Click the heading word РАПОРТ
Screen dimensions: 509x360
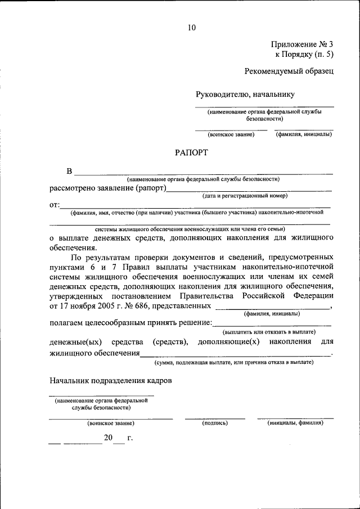click(x=191, y=152)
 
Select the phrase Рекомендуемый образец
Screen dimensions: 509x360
click(x=289, y=71)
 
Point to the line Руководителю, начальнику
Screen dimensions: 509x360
click(x=245, y=94)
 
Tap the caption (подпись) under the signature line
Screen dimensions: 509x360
click(x=214, y=422)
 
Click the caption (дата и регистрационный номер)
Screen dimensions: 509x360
click(x=245, y=196)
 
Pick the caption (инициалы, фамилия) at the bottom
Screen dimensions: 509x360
click(x=295, y=422)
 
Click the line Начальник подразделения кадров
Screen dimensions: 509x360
click(x=111, y=381)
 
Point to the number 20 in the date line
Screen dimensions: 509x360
click(x=108, y=438)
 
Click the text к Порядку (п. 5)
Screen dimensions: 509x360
click(x=304, y=54)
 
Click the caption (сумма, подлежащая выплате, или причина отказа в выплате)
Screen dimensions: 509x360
click(x=234, y=363)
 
